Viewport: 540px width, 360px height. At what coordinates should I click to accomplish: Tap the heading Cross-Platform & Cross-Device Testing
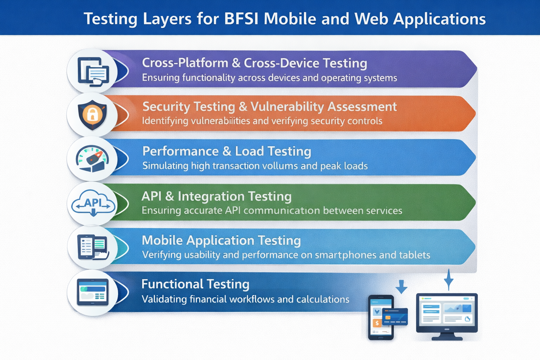pos(255,63)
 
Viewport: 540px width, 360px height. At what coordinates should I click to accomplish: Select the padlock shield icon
pos(92,114)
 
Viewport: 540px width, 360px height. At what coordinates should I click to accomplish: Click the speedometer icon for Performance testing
pos(92,159)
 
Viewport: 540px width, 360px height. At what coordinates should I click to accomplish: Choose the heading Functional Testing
pos(195,284)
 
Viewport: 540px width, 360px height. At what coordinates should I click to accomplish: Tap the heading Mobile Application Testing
pos(221,240)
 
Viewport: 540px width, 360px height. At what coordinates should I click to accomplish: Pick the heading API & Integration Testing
pos(217,196)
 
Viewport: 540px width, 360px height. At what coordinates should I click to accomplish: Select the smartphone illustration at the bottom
pos(380,317)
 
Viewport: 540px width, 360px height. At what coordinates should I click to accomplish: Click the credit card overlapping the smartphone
pos(395,316)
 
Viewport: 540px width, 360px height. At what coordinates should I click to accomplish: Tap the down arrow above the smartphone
pos(401,287)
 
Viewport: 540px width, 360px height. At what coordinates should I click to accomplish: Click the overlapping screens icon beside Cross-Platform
pos(93,71)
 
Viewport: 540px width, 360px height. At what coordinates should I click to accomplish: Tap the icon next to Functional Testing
pos(93,292)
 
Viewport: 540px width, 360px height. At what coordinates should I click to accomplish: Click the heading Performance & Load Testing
pos(227,152)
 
